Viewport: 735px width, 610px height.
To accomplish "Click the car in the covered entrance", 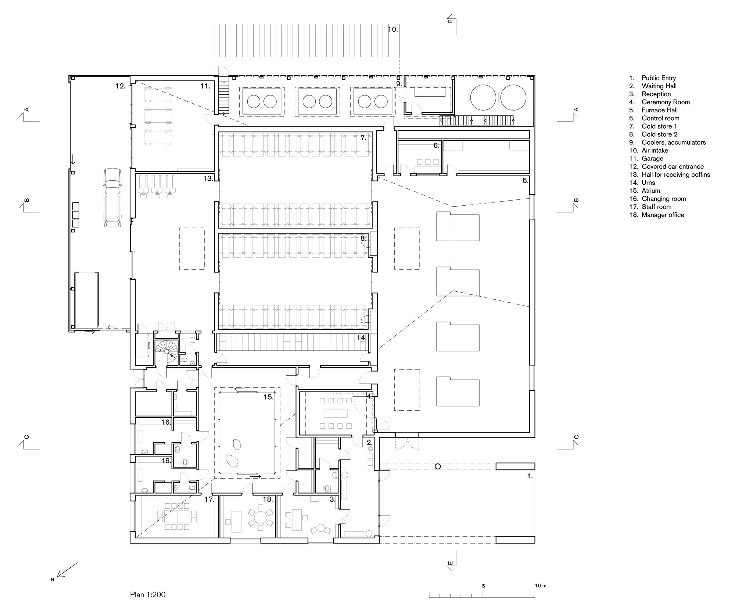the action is coord(112,198).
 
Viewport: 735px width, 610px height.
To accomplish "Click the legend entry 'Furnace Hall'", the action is coord(660,110).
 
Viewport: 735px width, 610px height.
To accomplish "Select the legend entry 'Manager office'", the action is coord(663,215).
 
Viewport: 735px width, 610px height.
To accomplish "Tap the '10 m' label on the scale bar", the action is coord(541,585).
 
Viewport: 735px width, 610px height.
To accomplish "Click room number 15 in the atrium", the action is coord(269,397).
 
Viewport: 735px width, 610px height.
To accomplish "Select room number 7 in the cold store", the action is coord(363,138).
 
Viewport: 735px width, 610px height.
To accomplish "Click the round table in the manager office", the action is coord(261,517).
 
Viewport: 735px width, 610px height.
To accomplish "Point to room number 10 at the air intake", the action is coord(393,29).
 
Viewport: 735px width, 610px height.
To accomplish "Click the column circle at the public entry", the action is coord(437,466).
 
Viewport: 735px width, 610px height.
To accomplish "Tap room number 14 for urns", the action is coord(362,338).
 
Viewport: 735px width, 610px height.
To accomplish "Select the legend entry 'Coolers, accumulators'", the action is coord(674,142).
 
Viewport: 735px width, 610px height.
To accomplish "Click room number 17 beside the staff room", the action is coord(209,499).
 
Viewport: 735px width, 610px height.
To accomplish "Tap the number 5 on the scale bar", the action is coord(483,586).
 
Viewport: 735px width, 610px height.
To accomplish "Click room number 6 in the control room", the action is coord(437,145).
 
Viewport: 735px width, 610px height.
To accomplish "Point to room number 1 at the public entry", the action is coord(530,476).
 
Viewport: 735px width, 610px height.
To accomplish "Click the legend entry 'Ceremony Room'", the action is coord(666,102).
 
